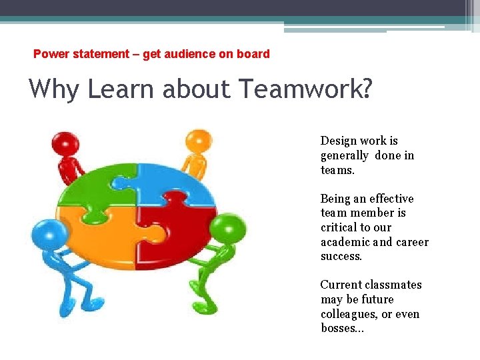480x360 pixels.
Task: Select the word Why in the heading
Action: point(54,89)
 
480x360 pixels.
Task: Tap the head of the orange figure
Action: point(198,141)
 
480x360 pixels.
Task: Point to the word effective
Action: point(391,199)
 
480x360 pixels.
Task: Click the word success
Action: point(341,257)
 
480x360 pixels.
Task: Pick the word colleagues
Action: point(347,314)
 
